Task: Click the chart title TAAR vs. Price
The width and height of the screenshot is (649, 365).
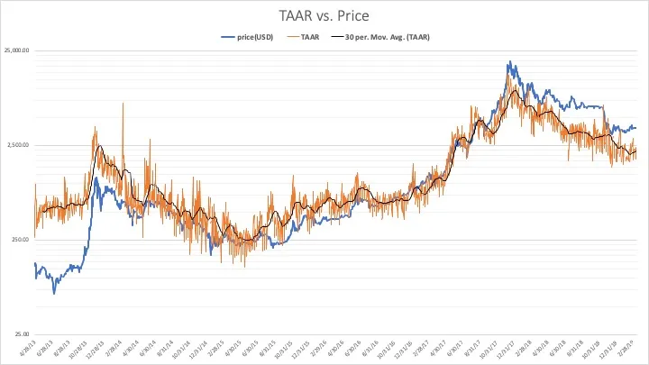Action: point(324,15)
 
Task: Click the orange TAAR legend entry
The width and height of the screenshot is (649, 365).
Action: point(300,37)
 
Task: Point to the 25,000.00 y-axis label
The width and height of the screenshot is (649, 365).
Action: point(15,50)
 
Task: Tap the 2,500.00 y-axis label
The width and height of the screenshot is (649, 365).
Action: point(17,145)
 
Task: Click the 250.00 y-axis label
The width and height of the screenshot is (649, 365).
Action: point(19,240)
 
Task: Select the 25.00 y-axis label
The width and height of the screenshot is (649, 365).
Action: point(21,333)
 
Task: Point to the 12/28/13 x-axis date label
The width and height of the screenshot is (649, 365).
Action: point(95,349)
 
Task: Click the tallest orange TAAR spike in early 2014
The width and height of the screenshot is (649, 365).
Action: point(123,103)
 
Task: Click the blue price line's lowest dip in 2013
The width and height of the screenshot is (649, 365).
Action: point(54,293)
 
